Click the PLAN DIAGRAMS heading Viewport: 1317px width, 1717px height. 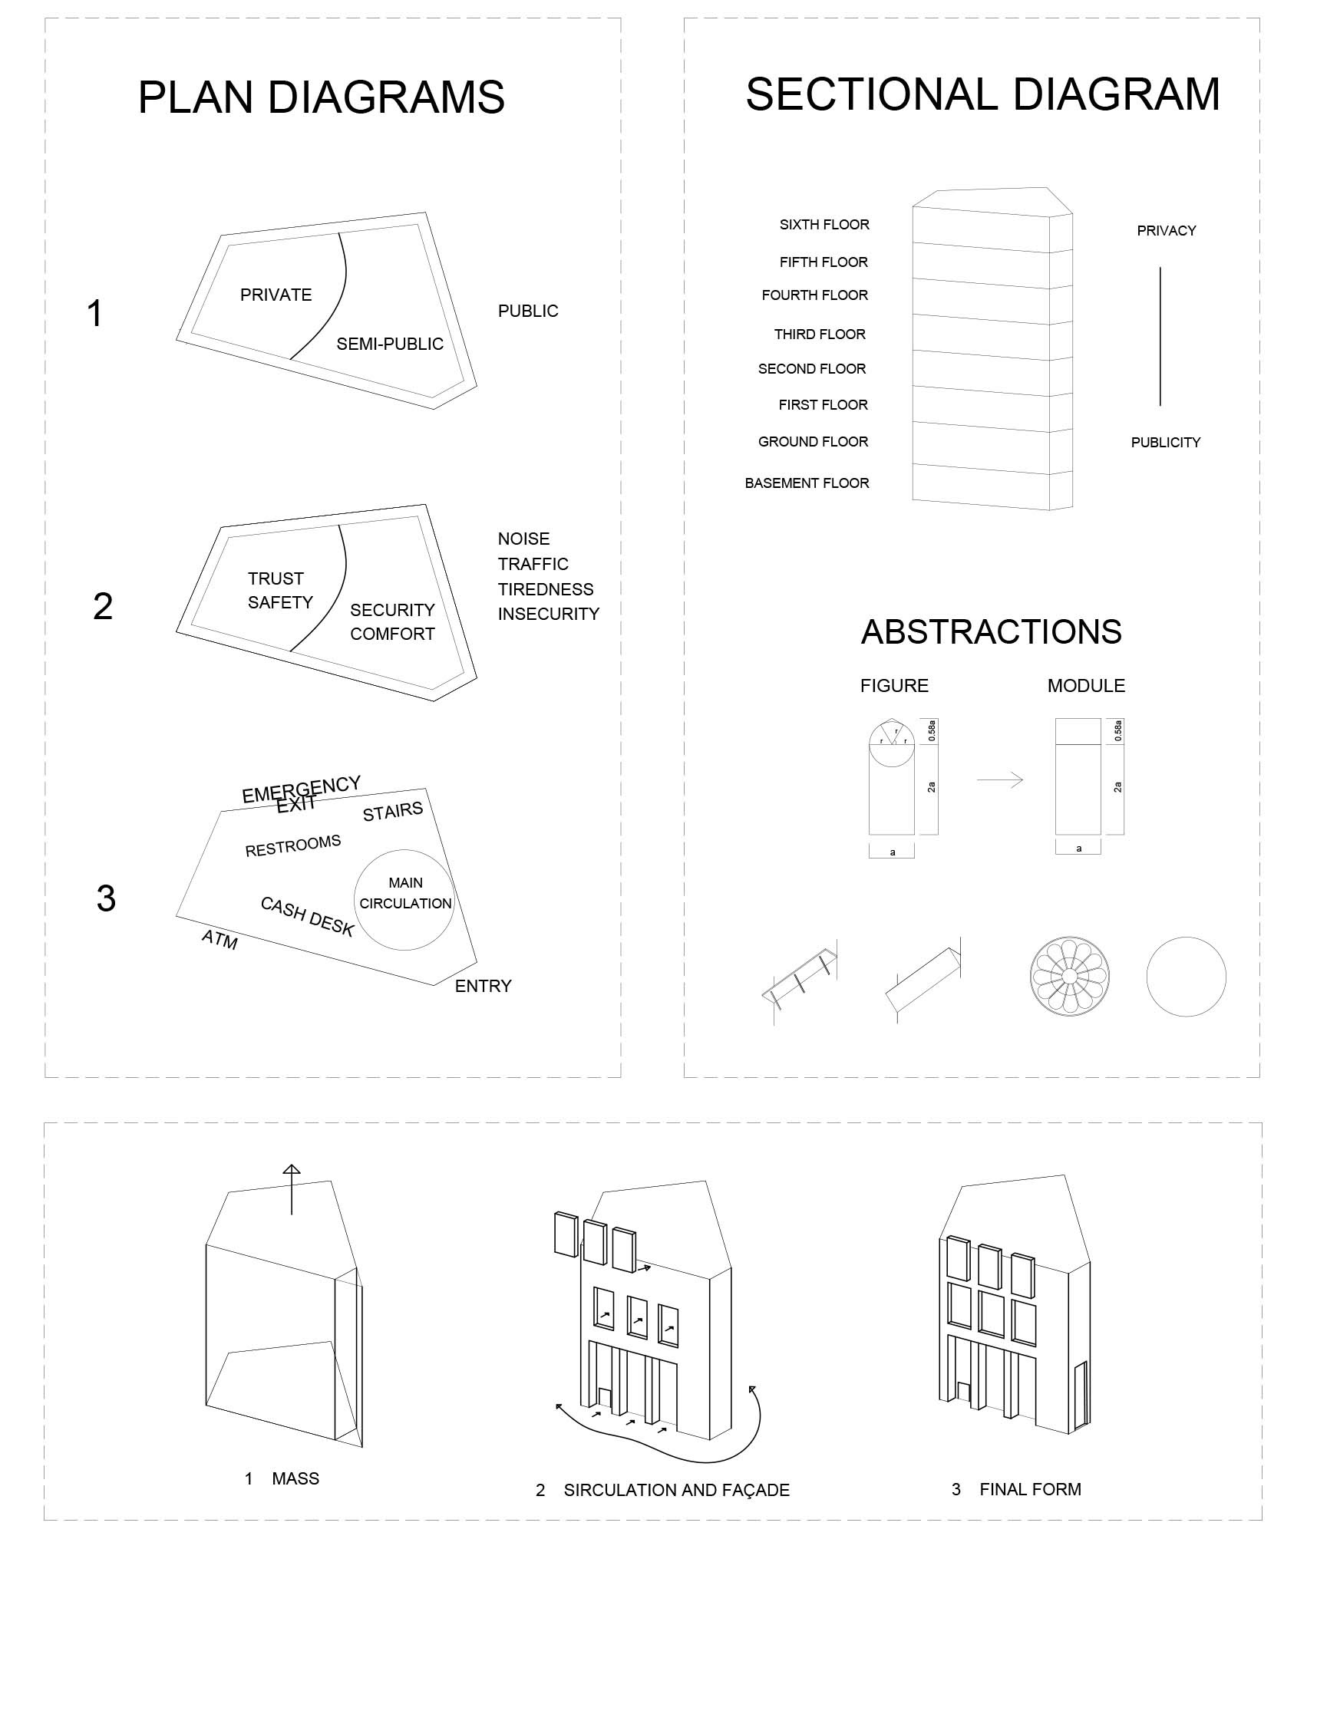click(x=321, y=98)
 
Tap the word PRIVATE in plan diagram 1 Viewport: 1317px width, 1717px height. click(x=276, y=295)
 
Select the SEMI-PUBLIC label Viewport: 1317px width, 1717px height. click(x=390, y=343)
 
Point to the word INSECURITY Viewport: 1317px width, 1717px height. click(x=548, y=614)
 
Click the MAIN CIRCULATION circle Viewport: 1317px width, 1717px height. click(x=404, y=900)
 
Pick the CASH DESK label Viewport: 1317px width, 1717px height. click(x=307, y=916)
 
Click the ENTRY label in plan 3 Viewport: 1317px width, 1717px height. click(x=483, y=986)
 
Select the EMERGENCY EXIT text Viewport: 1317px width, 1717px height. click(x=300, y=794)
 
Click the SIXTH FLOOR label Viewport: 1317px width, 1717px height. click(x=824, y=224)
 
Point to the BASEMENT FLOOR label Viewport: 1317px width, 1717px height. click(x=807, y=483)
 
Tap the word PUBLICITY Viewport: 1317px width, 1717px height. click(x=1165, y=442)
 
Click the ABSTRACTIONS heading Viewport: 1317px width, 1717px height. click(x=991, y=631)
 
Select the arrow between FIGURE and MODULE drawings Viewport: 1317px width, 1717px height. click(x=999, y=779)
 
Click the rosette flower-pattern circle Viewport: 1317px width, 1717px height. click(x=1069, y=977)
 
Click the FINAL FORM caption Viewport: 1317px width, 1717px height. click(x=1030, y=1489)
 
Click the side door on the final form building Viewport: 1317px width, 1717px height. click(x=1081, y=1396)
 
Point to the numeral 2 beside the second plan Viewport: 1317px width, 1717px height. click(x=103, y=606)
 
